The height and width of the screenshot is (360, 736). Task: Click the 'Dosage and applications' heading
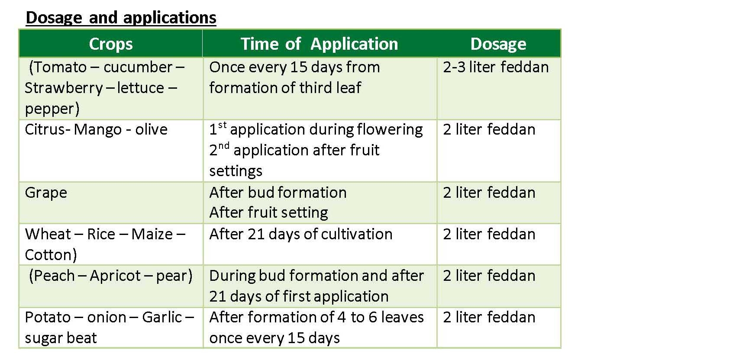coord(121,18)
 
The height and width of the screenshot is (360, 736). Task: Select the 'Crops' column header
coord(111,44)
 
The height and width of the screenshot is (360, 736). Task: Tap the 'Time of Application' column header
coord(319,44)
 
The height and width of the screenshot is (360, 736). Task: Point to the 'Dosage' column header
coord(498,44)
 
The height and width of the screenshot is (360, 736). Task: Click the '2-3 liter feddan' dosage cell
coord(496,67)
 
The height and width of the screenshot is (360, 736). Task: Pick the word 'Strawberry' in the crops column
coord(64,88)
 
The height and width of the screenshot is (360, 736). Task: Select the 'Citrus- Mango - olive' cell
coord(96,129)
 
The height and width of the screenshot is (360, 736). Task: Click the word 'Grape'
coord(45,193)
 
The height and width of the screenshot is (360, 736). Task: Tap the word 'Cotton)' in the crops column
coord(51,255)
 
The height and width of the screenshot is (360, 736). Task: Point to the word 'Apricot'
coord(115,276)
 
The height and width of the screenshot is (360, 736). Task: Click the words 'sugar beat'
coord(61,338)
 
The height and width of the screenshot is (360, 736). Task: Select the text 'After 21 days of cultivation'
coord(300,235)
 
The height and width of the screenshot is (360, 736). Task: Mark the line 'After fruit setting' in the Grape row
coord(268,213)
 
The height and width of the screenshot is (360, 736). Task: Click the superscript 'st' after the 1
coord(223,125)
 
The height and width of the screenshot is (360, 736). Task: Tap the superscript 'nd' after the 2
coord(224,146)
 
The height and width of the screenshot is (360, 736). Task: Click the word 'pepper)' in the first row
coord(52,109)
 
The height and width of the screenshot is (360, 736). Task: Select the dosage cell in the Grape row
coord(489,193)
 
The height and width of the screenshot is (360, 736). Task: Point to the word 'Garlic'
coord(161,317)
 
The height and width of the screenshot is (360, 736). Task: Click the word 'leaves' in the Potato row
coord(403,317)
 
